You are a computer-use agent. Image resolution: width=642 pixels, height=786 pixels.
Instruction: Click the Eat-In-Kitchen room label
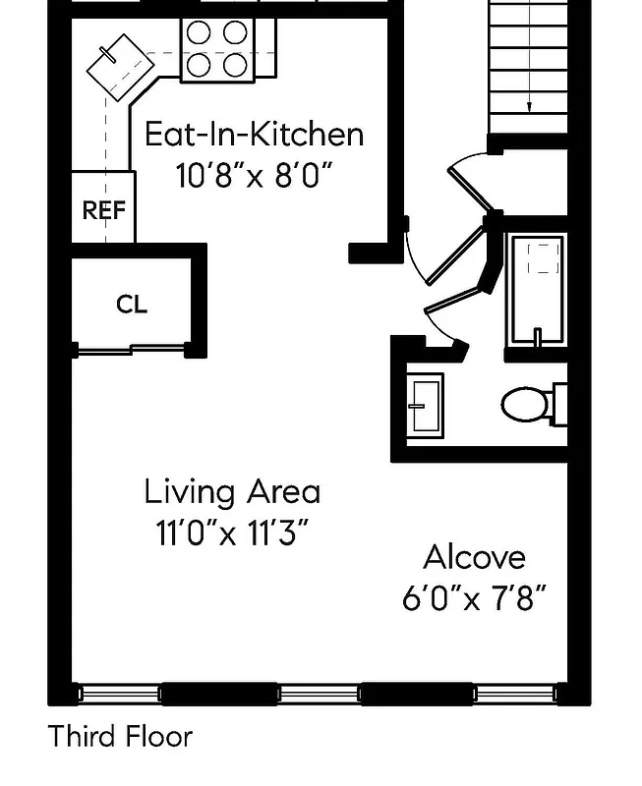pyautogui.click(x=254, y=134)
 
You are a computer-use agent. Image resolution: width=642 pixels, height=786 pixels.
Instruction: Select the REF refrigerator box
pyautogui.click(x=103, y=209)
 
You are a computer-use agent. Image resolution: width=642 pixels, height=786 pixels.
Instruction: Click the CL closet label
pyautogui.click(x=132, y=305)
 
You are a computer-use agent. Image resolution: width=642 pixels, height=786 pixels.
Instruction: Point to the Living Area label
pyautogui.click(x=232, y=491)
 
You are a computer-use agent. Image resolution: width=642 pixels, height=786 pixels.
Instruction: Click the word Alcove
pyautogui.click(x=474, y=557)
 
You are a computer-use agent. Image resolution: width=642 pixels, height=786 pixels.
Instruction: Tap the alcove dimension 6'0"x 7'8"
pyautogui.click(x=474, y=598)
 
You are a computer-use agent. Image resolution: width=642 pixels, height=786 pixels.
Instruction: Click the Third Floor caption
pyautogui.click(x=120, y=736)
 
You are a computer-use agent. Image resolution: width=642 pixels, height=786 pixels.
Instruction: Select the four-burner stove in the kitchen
pyautogui.click(x=215, y=49)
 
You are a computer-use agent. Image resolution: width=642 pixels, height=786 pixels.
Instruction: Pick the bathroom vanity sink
pyautogui.click(x=426, y=403)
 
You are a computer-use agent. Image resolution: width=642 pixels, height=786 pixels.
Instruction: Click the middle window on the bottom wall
pyautogui.click(x=319, y=694)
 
